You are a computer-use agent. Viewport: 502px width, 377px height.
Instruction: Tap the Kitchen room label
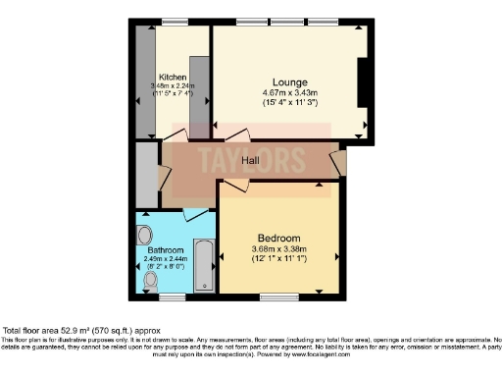[x=174, y=76]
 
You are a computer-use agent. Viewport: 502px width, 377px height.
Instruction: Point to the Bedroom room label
[x=278, y=239]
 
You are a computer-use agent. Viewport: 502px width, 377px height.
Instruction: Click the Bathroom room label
[x=151, y=249]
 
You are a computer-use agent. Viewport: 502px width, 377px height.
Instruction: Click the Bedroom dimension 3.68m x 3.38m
[x=278, y=249]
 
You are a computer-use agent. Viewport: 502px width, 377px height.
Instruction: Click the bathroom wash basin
[x=145, y=235]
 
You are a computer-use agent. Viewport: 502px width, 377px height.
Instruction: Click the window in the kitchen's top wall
[x=175, y=22]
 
